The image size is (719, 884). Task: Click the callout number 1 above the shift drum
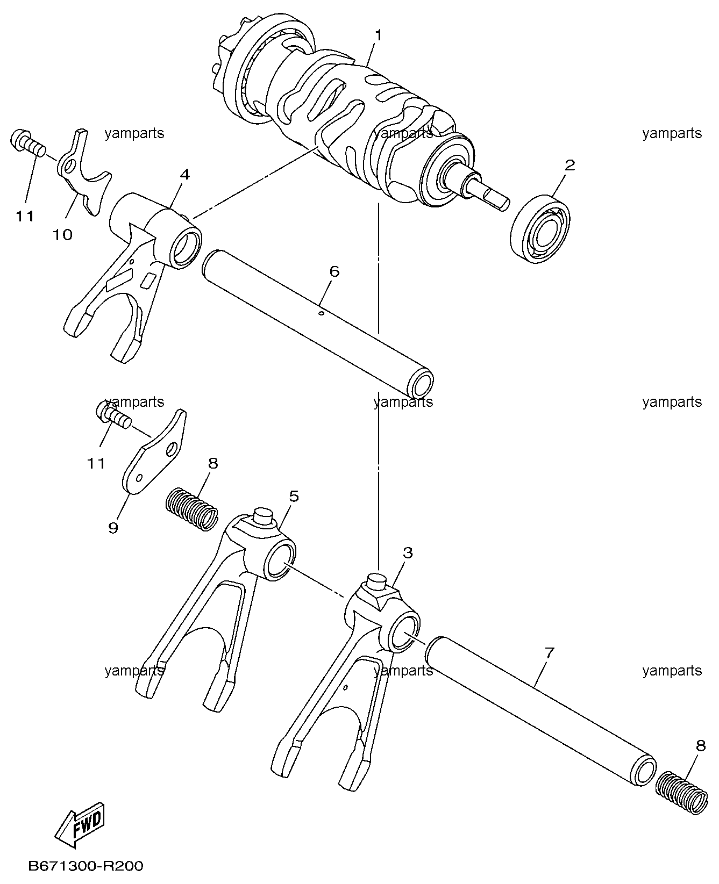coord(379,35)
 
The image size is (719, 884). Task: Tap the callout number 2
coord(569,165)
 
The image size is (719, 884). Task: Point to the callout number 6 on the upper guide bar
coord(334,271)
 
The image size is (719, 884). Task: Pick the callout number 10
coord(63,234)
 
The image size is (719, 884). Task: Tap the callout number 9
coord(113,528)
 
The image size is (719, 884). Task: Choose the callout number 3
coord(408,552)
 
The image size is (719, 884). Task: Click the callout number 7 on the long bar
coord(549,653)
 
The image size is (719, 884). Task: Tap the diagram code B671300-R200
coord(86,866)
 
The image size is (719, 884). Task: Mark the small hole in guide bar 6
coord(321,313)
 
